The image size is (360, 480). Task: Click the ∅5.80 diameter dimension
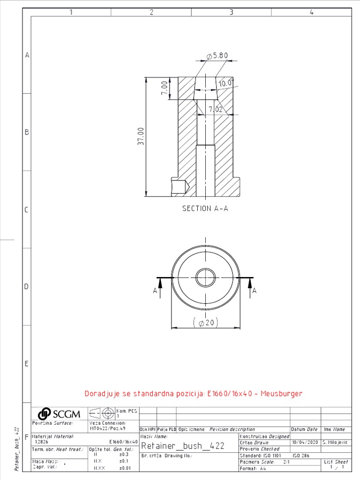(x=217, y=56)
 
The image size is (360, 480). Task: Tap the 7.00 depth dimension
(x=164, y=88)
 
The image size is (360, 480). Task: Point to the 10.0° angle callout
(x=225, y=83)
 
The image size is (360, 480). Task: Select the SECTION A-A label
(x=205, y=209)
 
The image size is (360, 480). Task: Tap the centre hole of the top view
(x=205, y=277)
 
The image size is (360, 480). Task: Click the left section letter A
(x=155, y=291)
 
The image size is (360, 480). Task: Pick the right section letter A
(x=255, y=291)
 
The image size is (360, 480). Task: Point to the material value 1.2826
(x=42, y=442)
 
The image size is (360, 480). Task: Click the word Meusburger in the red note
(x=281, y=393)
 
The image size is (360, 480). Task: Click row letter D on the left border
(x=27, y=286)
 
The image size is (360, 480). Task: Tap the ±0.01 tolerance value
(x=124, y=468)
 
